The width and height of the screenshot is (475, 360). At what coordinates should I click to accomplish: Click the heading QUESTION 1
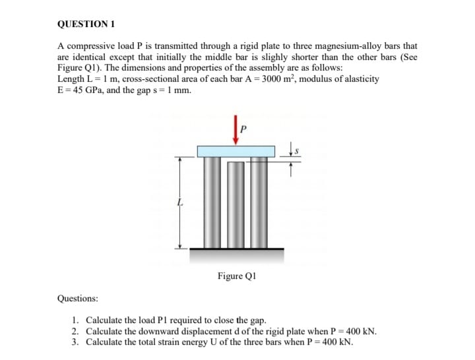86,24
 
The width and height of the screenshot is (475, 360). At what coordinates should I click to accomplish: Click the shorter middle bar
236,204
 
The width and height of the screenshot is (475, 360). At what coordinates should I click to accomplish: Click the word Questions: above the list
77,298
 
